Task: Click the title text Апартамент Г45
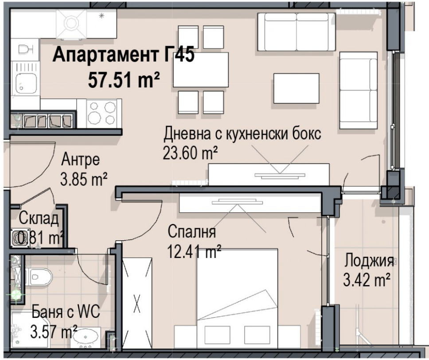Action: pos(123,55)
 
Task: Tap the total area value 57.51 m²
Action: pos(124,79)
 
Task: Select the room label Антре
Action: pos(81,160)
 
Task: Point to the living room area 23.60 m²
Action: pos(191,153)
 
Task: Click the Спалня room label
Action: pos(191,231)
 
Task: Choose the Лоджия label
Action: pos(369,261)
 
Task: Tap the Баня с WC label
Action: pos(66,312)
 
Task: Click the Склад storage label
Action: pos(39,219)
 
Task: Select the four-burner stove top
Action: pos(102,113)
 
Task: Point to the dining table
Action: pos(201,70)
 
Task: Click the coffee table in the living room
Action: pos(296,88)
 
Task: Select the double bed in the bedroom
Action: pos(237,298)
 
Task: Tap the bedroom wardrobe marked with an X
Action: pos(137,303)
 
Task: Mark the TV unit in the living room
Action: pos(269,174)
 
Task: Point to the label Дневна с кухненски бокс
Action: pos(242,134)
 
